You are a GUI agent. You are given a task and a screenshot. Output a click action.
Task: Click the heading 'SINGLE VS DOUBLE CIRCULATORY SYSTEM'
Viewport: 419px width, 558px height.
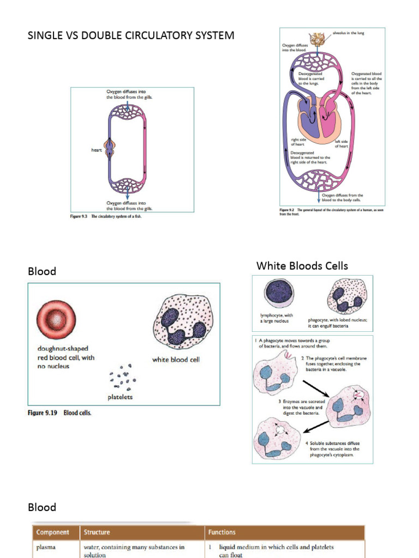(x=131, y=36)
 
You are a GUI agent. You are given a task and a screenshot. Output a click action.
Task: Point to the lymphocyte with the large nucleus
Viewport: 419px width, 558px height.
(x=278, y=293)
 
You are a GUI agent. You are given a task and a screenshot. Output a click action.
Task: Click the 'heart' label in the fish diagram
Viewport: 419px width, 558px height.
(x=97, y=150)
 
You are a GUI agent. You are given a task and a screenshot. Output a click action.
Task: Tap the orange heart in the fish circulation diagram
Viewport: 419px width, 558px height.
(x=111, y=150)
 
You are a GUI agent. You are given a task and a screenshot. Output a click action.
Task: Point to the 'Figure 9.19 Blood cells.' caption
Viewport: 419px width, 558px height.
(x=60, y=413)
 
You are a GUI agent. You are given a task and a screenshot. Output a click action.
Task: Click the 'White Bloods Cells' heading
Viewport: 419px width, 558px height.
(x=302, y=266)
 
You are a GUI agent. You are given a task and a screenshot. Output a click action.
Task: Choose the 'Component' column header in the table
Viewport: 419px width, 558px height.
(x=52, y=532)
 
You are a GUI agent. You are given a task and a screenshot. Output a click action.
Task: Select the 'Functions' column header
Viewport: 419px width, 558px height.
(x=222, y=532)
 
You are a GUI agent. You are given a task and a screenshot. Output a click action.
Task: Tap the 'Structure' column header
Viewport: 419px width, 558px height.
(x=97, y=532)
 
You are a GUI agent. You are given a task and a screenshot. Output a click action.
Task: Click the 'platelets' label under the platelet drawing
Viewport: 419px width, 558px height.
(x=120, y=397)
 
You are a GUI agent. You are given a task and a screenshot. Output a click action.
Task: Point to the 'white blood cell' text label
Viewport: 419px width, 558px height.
(x=176, y=360)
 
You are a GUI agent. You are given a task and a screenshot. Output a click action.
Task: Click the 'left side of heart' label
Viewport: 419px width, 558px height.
(x=341, y=143)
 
